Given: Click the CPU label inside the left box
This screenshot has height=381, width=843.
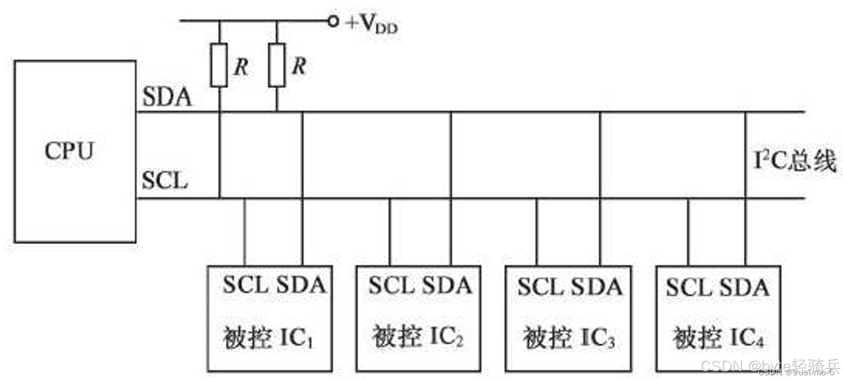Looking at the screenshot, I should click(69, 151).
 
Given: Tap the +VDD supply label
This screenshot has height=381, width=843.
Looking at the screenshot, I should click(372, 25).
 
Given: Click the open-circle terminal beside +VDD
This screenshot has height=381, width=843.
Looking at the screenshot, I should click(333, 22).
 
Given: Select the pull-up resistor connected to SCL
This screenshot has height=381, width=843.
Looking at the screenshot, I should click(219, 65).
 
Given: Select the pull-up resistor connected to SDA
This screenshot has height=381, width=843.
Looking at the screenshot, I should click(277, 65).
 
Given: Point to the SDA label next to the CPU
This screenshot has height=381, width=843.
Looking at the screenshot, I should click(167, 98).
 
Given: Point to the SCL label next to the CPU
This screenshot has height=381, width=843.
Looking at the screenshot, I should click(165, 181).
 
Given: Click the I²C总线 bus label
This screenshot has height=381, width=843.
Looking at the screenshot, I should click(796, 162).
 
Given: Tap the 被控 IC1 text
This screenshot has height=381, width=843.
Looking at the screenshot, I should click(268, 339).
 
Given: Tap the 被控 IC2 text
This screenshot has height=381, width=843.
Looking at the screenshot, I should click(418, 337).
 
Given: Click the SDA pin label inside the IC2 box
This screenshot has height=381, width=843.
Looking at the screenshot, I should click(447, 285).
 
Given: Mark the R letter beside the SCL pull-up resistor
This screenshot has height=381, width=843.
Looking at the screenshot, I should click(242, 67).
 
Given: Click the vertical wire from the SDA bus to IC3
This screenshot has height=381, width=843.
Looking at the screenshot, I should click(600, 189).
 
